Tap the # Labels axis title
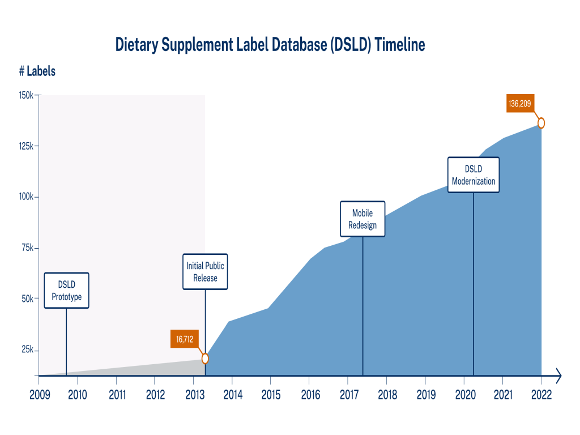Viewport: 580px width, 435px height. point(37,71)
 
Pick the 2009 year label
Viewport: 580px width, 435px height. point(39,394)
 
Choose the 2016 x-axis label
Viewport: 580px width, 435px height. point(309,394)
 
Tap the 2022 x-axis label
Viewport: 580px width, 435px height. point(541,394)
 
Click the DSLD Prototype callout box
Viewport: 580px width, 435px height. point(66,291)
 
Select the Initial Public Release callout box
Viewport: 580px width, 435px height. point(205,272)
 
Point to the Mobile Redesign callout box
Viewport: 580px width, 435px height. point(362,219)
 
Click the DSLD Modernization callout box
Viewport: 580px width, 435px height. point(474,175)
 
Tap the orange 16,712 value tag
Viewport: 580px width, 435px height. point(185,339)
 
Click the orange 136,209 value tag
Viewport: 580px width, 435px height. point(520,104)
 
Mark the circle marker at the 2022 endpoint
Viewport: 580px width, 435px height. point(541,123)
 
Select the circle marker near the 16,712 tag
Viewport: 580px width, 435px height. point(205,359)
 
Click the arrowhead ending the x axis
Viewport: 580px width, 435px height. point(558,375)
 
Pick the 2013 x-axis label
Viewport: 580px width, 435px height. point(194,394)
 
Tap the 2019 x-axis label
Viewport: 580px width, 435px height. point(425,394)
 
